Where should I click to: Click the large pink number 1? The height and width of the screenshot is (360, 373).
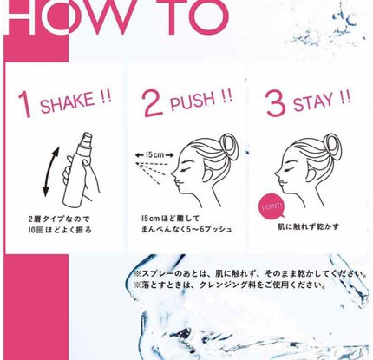click(x=24, y=105)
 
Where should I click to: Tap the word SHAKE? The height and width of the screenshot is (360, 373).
click(x=68, y=101)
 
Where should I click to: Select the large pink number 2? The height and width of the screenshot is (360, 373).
click(x=154, y=103)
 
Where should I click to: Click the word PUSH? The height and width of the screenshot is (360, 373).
click(x=193, y=101)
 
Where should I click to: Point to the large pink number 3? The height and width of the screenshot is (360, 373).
click(x=276, y=103)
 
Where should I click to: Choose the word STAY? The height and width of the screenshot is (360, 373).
click(x=312, y=102)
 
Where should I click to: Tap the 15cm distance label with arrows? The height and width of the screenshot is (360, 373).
click(x=154, y=155)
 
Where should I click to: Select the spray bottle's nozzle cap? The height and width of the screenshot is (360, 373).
click(x=87, y=141)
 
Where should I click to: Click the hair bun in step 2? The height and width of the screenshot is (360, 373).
click(x=229, y=146)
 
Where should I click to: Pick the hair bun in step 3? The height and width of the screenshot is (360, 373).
click(x=333, y=146)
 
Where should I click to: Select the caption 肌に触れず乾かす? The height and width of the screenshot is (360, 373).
click(x=308, y=226)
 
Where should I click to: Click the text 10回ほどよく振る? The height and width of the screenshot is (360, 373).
click(x=60, y=230)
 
